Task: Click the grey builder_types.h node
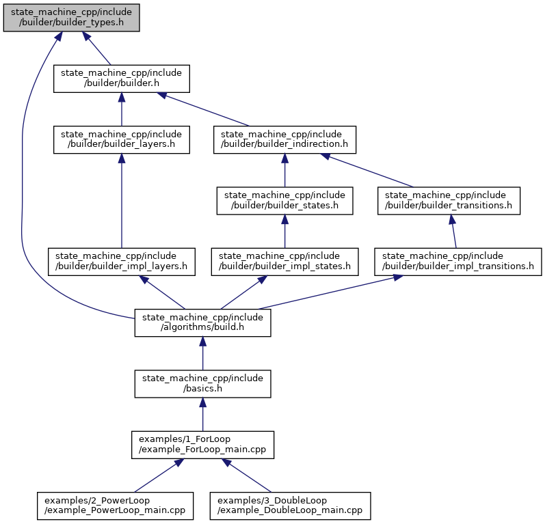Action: pyautogui.click(x=71, y=18)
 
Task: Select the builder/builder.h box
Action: pyautogui.click(x=122, y=79)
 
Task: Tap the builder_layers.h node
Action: pyautogui.click(x=122, y=139)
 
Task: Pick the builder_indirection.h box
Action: pyautogui.click(x=284, y=139)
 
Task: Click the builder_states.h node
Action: pyautogui.click(x=284, y=201)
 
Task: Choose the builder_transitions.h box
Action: pyautogui.click(x=449, y=201)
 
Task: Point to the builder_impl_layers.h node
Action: pyautogui.click(x=122, y=262)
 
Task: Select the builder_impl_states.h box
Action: pyautogui.click(x=284, y=262)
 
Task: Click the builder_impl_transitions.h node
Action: pyautogui.click(x=457, y=262)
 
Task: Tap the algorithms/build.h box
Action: pyautogui.click(x=202, y=323)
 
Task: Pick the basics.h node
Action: pyautogui.click(x=202, y=384)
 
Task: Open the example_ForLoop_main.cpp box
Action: pyautogui.click(x=202, y=445)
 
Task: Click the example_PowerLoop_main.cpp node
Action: pyautogui.click(x=115, y=506)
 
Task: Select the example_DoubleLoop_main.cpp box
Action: pyautogui.click(x=290, y=506)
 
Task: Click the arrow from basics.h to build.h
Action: pyautogui.click(x=202, y=353)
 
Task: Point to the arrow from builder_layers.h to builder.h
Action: pyautogui.click(x=122, y=109)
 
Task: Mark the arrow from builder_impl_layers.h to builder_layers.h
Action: pyautogui.click(x=122, y=201)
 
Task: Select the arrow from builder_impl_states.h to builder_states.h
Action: pyautogui.click(x=284, y=232)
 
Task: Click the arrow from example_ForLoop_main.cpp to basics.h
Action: pyautogui.click(x=202, y=415)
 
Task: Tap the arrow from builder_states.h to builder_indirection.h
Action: pyautogui.click(x=284, y=170)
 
